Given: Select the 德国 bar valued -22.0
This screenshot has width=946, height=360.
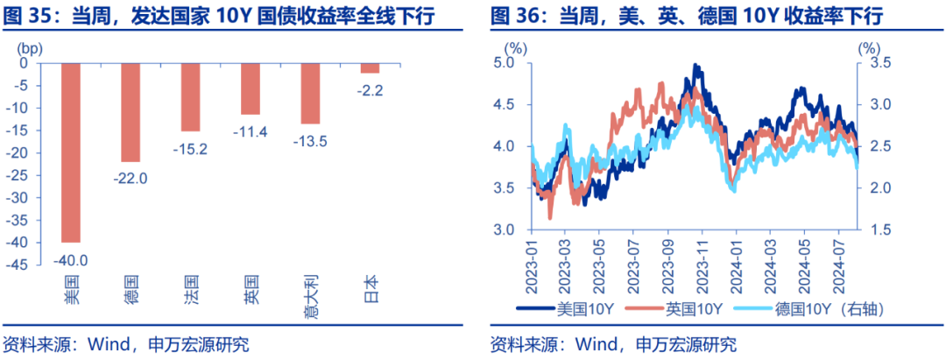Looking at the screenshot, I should pyautogui.click(x=131, y=111).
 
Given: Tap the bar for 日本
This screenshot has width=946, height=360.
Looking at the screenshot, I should pyautogui.click(x=371, y=67).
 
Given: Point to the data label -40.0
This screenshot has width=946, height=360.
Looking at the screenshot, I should pyautogui.click(x=71, y=259).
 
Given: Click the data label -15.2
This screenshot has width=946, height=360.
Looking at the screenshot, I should pyautogui.click(x=190, y=149).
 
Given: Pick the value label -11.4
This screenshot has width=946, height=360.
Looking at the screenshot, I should pyautogui.click(x=251, y=132).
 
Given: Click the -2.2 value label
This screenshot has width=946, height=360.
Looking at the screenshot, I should pyautogui.click(x=371, y=89).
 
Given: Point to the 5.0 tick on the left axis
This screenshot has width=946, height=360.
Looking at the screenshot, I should pyautogui.click(x=503, y=63).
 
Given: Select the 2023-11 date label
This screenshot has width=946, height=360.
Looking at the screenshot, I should pyautogui.click(x=692, y=265).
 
